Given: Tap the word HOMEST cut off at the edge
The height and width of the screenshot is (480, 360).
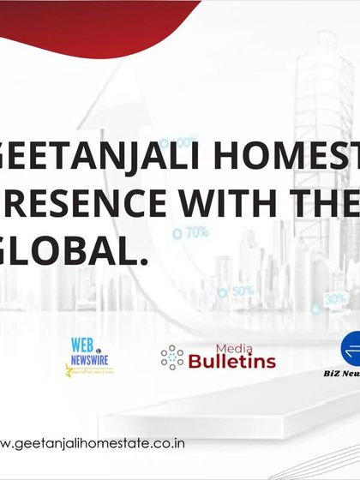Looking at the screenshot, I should [x=291, y=156].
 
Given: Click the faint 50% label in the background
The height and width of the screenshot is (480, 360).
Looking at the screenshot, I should [x=242, y=291].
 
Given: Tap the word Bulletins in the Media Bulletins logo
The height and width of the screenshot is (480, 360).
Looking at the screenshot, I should [x=231, y=362].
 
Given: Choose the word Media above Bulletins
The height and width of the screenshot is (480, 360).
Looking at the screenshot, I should [x=228, y=347].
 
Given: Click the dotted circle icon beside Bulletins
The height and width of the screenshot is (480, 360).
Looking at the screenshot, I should [x=172, y=357].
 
